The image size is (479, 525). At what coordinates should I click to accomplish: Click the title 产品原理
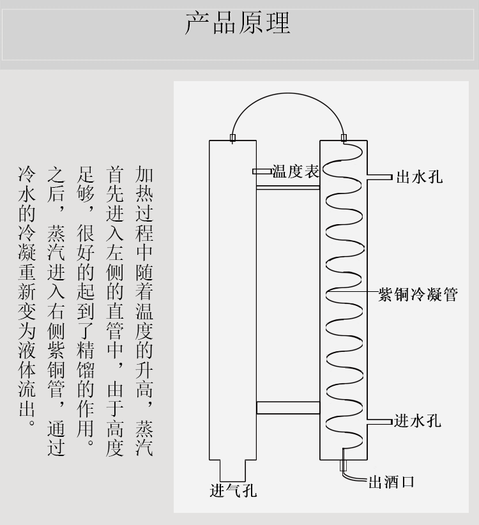point(238,22)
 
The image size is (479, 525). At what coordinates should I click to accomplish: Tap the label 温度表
point(296,172)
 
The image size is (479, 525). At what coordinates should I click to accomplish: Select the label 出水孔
point(419,178)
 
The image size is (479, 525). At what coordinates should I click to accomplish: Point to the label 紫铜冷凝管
point(418,294)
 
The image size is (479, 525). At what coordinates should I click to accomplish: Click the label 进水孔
point(418,421)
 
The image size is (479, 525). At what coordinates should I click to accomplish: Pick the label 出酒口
point(392,482)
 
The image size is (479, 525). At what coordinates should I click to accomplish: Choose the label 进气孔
point(233,491)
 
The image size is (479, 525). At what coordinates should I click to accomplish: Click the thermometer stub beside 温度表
point(262,172)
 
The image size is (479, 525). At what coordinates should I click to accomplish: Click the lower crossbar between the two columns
point(287,407)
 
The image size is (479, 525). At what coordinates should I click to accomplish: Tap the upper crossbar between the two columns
point(287,187)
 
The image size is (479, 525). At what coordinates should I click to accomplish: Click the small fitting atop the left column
point(232,137)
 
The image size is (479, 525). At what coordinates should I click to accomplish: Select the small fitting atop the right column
point(344,137)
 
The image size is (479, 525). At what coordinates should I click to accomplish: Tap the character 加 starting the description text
point(144,174)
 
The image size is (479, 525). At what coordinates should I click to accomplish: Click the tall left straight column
point(232,294)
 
